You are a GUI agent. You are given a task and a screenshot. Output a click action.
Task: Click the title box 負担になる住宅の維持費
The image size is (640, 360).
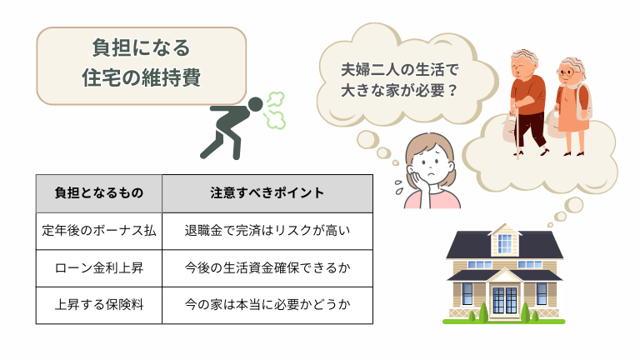(142, 66)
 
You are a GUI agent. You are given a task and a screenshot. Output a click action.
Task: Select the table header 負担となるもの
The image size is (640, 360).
(98, 192)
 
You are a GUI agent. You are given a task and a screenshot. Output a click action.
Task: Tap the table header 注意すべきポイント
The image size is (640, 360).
(267, 192)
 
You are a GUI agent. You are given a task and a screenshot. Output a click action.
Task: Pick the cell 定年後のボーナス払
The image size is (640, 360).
(98, 231)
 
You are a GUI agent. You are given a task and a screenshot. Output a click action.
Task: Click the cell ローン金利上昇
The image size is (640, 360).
(98, 268)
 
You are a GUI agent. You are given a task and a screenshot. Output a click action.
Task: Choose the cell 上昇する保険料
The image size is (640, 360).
(98, 305)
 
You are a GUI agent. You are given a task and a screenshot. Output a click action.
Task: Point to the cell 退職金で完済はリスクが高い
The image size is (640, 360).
(267, 231)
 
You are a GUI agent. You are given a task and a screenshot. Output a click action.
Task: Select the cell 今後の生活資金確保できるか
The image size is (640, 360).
(267, 268)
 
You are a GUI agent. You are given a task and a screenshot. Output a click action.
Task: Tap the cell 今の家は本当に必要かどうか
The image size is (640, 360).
(267, 305)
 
